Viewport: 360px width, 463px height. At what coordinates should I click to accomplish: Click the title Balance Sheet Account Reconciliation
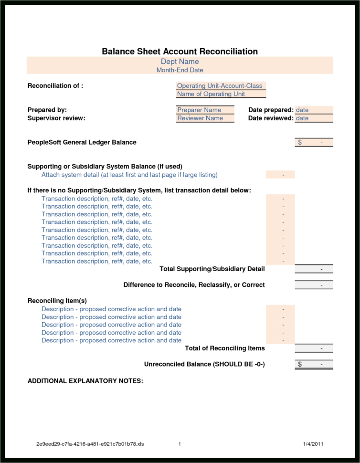pyautogui.click(x=180, y=52)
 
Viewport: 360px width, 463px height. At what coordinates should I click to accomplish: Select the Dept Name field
pyautogui.click(x=180, y=62)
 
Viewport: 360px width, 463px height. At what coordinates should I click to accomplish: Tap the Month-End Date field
pyautogui.click(x=180, y=70)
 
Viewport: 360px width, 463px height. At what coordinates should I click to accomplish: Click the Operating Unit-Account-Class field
pyautogui.click(x=220, y=86)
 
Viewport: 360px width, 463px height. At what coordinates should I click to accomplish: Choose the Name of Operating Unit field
pyautogui.click(x=211, y=94)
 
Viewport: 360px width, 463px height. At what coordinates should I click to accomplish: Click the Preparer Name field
pyautogui.click(x=199, y=110)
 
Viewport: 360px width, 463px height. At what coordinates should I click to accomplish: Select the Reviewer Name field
pyautogui.click(x=200, y=118)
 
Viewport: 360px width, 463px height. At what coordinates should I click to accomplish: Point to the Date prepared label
pyautogui.click(x=271, y=110)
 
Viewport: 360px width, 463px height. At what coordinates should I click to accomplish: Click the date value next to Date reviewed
pyautogui.click(x=302, y=118)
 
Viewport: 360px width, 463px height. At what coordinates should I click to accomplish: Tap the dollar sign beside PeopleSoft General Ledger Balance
pyautogui.click(x=300, y=142)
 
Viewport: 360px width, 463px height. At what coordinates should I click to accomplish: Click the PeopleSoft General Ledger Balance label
pyautogui.click(x=82, y=142)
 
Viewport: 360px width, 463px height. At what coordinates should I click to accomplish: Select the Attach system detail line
pyautogui.click(x=129, y=175)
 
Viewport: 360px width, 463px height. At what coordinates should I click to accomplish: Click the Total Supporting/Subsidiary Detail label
pyautogui.click(x=212, y=269)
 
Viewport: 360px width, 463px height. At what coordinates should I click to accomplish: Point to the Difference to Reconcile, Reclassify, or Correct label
pyautogui.click(x=194, y=285)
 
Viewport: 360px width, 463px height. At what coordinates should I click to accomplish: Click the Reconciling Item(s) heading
pyautogui.click(x=57, y=301)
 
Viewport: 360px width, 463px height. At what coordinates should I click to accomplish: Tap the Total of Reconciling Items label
pyautogui.click(x=224, y=348)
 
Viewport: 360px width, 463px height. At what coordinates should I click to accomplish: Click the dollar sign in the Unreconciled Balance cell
pyautogui.click(x=300, y=364)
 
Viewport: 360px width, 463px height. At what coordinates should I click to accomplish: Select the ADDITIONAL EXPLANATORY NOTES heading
pyautogui.click(x=85, y=381)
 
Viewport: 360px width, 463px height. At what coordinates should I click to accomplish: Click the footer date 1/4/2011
pyautogui.click(x=313, y=444)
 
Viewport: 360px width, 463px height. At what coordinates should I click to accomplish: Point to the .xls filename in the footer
pyautogui.click(x=90, y=444)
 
